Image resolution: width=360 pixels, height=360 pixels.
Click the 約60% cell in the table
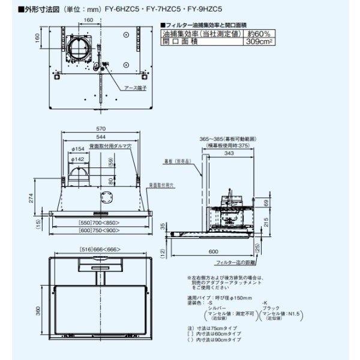(260, 35)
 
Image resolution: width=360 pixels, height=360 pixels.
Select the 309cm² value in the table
(260, 43)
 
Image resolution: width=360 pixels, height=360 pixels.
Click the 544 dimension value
(100, 137)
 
